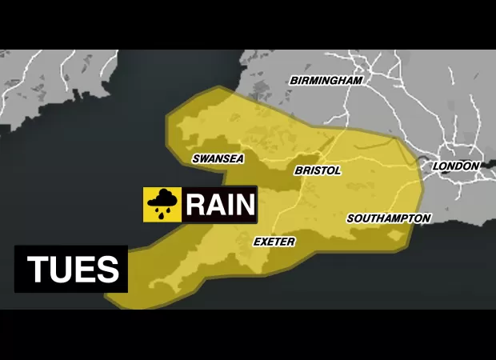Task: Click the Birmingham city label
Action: coord(326,81)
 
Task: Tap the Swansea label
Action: coord(218,158)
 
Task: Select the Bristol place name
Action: coord(318,170)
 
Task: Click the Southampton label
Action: coord(389,218)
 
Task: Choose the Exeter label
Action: coord(274,241)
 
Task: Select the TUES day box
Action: coord(71,269)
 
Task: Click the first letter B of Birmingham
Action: coord(294,81)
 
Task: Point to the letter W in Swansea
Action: coord(205,158)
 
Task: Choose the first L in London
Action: coord(436,166)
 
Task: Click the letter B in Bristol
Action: coord(298,170)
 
